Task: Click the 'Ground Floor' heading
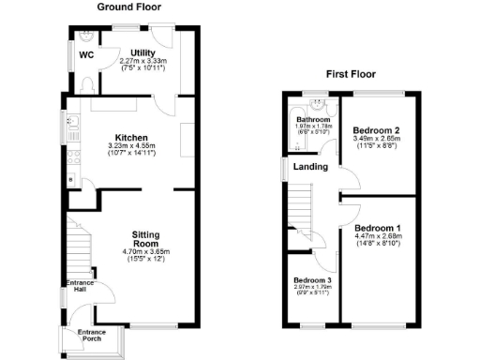[x=127, y=7]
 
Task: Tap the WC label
[x=85, y=54]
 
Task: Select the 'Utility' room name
[x=143, y=52]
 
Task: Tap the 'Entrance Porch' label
[x=91, y=336]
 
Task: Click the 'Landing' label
[x=310, y=167]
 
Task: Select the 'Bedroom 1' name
[x=378, y=228]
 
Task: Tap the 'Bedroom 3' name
[x=309, y=281]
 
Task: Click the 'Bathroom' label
[x=314, y=120]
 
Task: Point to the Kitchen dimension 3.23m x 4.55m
[x=131, y=146]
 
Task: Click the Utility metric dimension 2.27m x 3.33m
[x=142, y=62]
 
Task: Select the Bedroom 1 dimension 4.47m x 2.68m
[x=378, y=236]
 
